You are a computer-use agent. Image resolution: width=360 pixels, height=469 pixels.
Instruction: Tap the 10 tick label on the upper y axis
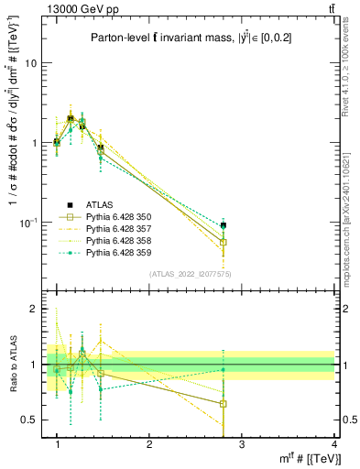tap(31, 63)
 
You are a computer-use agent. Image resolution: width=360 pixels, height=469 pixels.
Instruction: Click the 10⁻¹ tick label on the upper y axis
tap(29, 224)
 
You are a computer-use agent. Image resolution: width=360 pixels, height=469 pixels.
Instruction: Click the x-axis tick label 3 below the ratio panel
tap(242, 444)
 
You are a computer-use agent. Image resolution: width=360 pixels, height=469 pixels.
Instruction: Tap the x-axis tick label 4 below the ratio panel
tap(334, 444)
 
